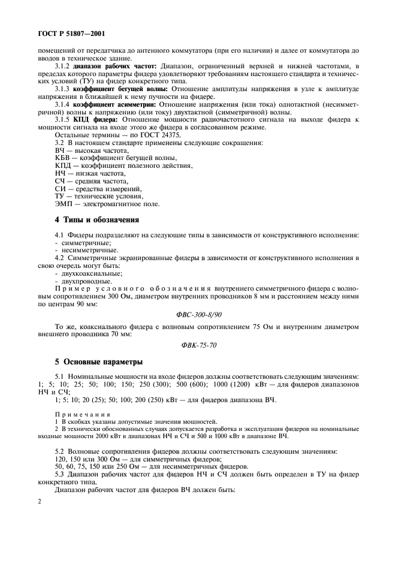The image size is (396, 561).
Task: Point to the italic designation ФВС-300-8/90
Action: point(197,313)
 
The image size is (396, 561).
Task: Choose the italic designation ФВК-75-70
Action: point(197,345)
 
